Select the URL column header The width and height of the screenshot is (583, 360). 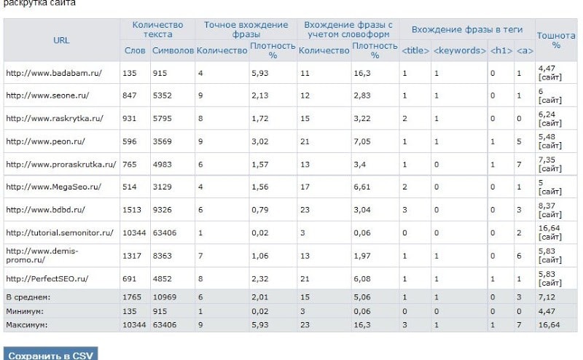click(61, 40)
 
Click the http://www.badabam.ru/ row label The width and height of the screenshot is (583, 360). click(43, 73)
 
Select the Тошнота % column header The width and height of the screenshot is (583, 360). click(556, 40)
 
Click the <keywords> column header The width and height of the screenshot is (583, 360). click(459, 50)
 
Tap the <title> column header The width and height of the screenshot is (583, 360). click(415, 50)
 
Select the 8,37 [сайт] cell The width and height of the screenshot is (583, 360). click(549, 210)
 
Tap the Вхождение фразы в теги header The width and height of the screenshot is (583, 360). click(466, 29)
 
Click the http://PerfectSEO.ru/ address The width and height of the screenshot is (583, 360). click(47, 278)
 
